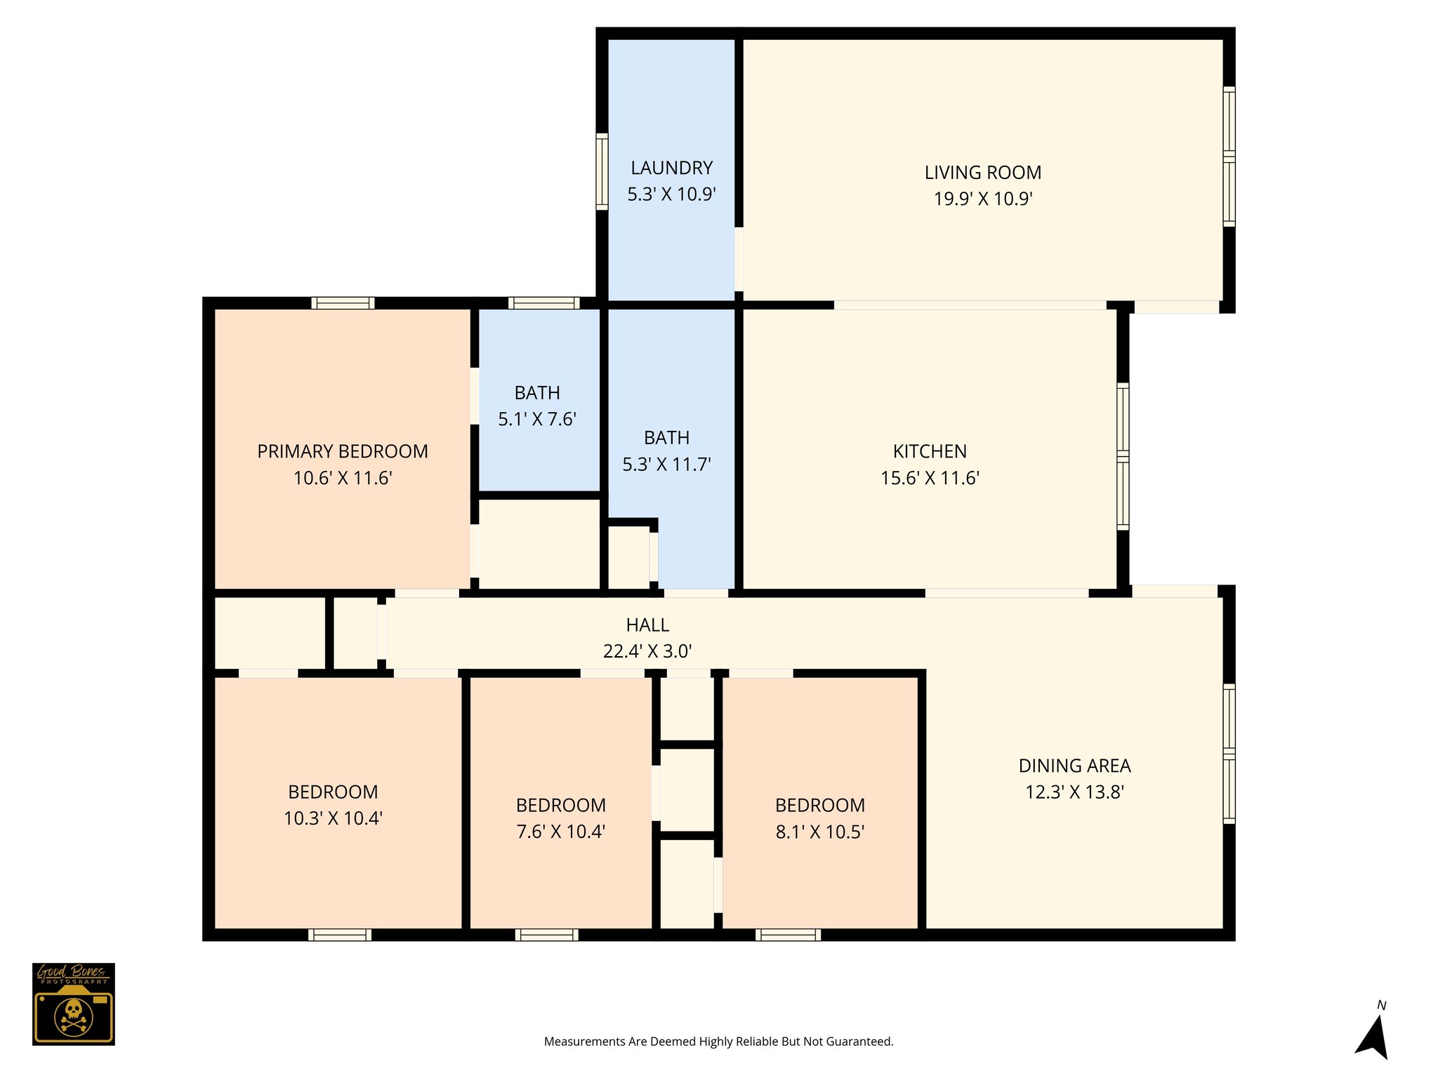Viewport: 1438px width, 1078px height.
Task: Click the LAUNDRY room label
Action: (x=671, y=168)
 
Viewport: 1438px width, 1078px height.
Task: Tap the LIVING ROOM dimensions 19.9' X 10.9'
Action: (x=982, y=199)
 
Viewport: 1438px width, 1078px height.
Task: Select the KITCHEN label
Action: (x=930, y=451)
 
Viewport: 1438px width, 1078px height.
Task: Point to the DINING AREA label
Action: (x=1074, y=766)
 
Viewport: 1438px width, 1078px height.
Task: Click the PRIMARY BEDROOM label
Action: (x=343, y=451)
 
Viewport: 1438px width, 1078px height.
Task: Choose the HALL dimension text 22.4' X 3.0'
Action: (x=647, y=651)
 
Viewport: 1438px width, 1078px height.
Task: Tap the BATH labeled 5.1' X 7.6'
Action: (x=537, y=406)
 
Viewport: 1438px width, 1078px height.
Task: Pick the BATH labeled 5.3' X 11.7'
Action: (x=666, y=451)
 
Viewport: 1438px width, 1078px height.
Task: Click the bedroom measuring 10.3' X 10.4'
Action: (x=333, y=805)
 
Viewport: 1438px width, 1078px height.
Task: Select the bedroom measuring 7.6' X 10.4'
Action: (x=560, y=818)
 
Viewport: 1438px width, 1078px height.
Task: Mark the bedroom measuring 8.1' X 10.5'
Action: (x=819, y=818)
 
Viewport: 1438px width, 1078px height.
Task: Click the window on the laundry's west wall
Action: (x=602, y=171)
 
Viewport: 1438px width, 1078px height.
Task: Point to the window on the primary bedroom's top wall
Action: (x=343, y=303)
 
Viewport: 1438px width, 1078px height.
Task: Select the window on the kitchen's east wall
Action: (x=1123, y=456)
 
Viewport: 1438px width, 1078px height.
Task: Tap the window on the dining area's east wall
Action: (x=1229, y=753)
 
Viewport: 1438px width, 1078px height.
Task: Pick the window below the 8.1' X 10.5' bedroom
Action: (x=788, y=934)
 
